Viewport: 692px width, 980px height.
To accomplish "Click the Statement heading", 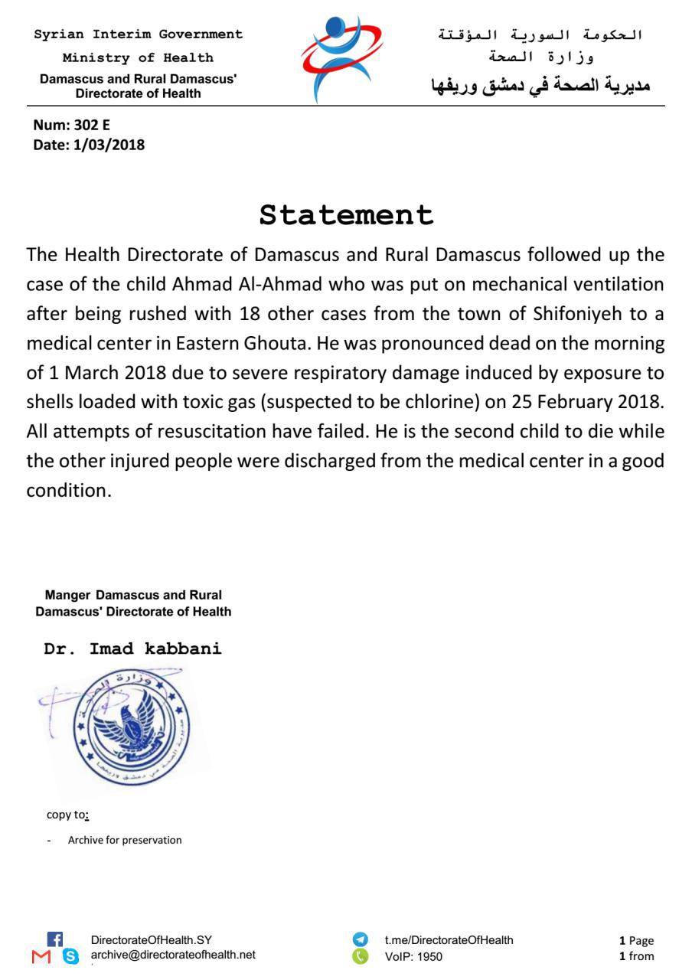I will click(x=346, y=215).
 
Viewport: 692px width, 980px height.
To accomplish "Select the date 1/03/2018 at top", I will click(x=109, y=144).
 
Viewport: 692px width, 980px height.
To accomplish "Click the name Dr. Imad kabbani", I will click(x=132, y=649).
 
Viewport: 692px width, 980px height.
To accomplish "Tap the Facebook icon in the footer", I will click(x=55, y=939).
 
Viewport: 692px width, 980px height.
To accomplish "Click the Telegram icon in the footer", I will click(x=360, y=939).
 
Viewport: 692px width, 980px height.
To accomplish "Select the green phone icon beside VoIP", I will click(x=360, y=956).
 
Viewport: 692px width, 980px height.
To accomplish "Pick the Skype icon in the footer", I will click(x=70, y=956).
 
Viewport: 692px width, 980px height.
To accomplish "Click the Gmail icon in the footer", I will click(x=41, y=956).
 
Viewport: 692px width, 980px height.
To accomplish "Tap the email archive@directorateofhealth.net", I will click(x=173, y=955).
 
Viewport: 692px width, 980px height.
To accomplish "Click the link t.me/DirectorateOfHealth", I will click(x=449, y=940).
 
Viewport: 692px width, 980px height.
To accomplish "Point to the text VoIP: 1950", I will click(x=413, y=956).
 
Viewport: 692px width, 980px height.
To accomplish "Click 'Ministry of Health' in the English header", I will click(x=138, y=58).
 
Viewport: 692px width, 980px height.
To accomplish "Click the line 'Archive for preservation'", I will click(x=125, y=840).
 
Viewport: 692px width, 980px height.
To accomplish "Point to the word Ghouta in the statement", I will click(x=276, y=343).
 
